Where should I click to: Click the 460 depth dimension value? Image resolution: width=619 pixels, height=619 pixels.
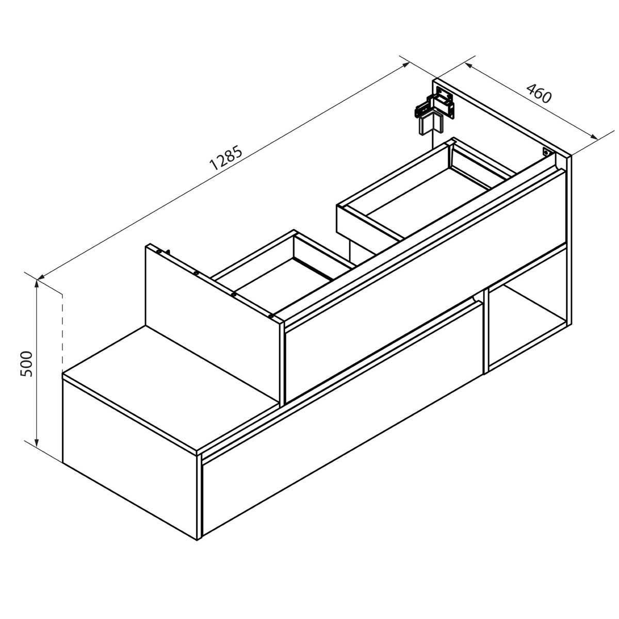[539, 94]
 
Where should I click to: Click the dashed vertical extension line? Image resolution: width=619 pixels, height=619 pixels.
[62, 330]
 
